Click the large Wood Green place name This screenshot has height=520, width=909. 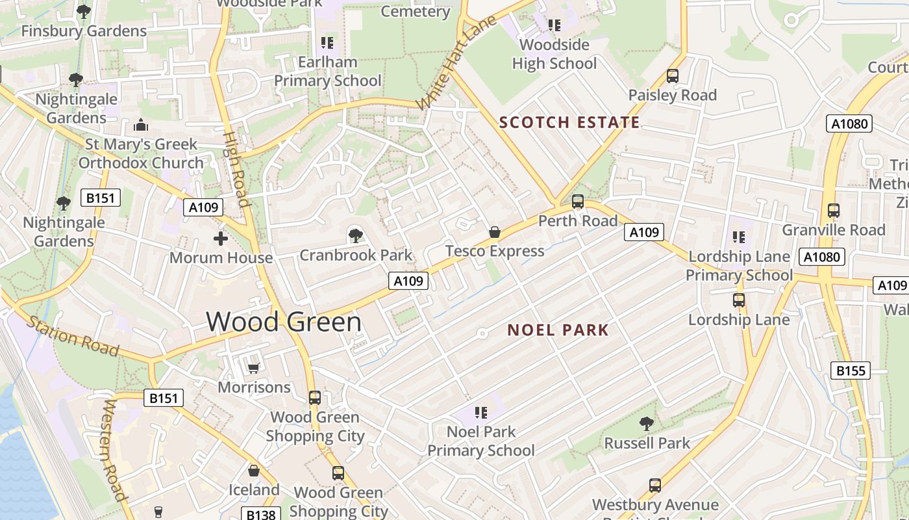284,322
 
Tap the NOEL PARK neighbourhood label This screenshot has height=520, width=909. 558,330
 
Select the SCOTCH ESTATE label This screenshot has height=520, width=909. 569,122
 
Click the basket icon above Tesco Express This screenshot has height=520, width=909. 495,232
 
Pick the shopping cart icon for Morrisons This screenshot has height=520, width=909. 254,368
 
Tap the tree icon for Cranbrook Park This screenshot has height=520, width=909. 355,235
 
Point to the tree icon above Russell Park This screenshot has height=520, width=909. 647,424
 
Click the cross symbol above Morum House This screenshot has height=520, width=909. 221,239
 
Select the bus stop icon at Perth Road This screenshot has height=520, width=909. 578,201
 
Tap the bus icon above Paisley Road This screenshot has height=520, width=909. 673,76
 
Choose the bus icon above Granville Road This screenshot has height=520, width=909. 834,211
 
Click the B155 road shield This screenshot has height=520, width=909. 851,370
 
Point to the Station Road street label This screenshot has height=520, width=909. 72,335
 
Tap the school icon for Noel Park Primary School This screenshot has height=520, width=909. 481,412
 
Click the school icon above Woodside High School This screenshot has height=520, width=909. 554,25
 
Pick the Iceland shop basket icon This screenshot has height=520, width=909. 254,470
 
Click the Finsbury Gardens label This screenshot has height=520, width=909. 84,31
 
